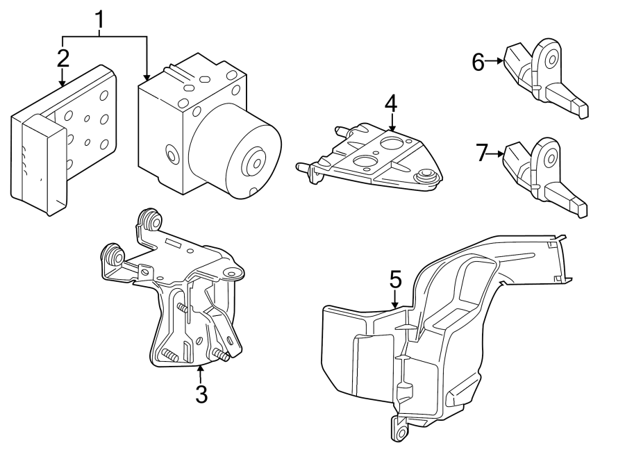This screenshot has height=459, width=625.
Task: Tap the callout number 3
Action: [201, 394]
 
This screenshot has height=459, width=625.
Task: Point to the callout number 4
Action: [391, 104]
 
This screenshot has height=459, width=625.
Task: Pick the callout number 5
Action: [394, 281]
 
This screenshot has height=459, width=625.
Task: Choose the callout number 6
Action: [478, 62]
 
